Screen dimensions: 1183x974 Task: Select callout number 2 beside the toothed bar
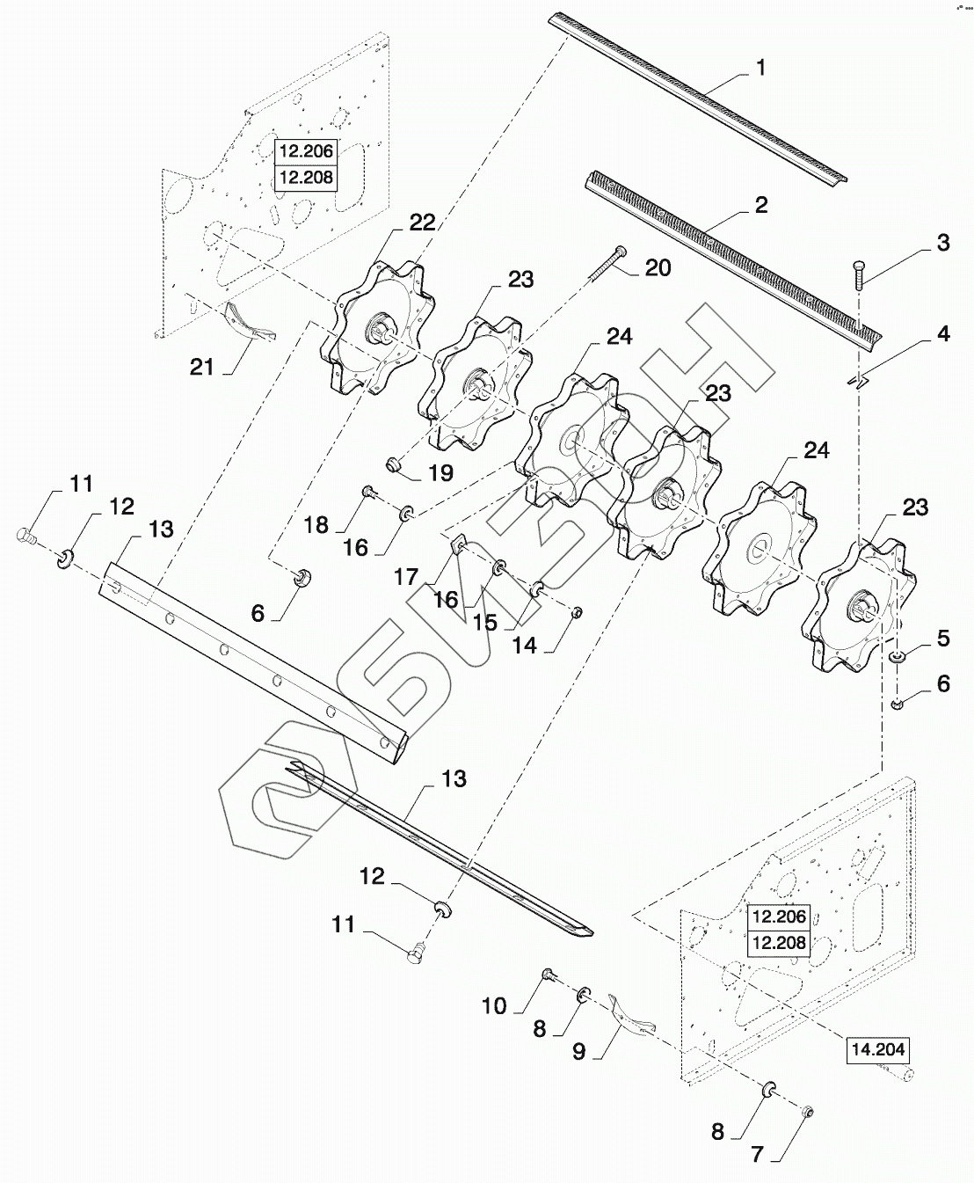pos(761,205)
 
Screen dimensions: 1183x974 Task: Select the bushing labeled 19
pos(395,464)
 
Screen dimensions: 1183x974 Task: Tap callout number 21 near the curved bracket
pos(202,366)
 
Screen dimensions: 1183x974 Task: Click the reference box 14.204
pos(877,1049)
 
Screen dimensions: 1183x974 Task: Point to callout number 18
pos(316,525)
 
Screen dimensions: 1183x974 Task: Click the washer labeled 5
pos(896,659)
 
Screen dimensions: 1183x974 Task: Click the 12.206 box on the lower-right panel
pos(778,916)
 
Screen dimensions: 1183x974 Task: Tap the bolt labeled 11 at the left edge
pos(25,535)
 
